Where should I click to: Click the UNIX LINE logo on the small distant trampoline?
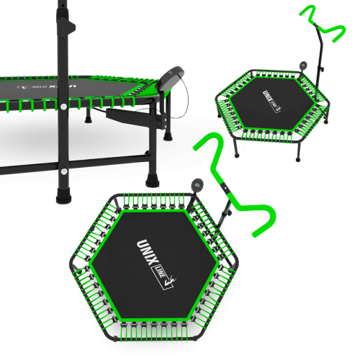point(272,101)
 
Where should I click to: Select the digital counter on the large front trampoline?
point(197,185)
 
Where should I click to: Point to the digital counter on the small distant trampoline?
point(303,66)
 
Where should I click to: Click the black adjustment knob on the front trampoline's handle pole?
point(229,212)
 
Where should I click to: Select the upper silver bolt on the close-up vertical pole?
point(63,107)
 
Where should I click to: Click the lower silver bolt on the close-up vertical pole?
point(64,171)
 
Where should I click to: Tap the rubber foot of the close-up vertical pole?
point(63,196)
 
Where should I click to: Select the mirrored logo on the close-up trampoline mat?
point(47,86)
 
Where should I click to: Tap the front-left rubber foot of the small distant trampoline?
point(237,154)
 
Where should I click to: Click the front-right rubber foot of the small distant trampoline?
point(298,158)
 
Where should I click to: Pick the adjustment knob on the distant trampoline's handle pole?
point(323,69)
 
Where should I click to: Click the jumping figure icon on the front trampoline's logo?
point(170,282)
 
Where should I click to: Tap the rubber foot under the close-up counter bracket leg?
point(152,181)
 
